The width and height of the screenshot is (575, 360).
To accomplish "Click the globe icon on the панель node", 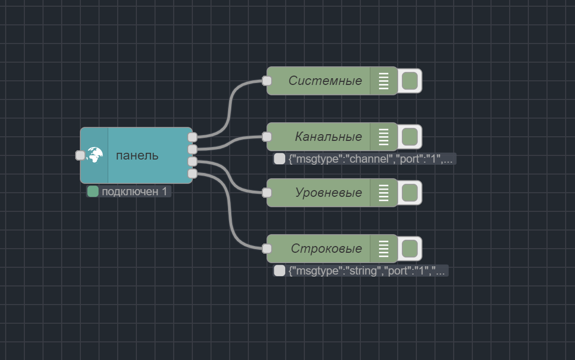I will point(95,155).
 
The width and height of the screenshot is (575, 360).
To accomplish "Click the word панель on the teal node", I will point(137,155).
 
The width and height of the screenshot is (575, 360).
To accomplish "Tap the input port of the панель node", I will point(80,155).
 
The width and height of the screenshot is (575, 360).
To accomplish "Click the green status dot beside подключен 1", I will point(93,192).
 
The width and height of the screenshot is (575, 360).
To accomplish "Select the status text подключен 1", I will point(135,192).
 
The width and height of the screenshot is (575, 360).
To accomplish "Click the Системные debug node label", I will point(325,81).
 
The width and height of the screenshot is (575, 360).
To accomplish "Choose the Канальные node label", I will point(328,137).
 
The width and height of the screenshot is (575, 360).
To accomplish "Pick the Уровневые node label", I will point(328,193).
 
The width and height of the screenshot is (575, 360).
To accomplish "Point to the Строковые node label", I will point(326,249).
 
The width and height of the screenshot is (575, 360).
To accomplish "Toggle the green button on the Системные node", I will point(410,81).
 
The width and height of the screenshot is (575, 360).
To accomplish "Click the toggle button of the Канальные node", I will point(410,137).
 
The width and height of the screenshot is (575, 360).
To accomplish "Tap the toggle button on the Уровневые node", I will point(410,193).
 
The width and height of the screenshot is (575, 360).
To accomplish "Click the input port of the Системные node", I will point(267,81).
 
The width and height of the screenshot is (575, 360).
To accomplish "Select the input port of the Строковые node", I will point(267,249).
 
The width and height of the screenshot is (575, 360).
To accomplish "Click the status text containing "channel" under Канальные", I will point(370,159).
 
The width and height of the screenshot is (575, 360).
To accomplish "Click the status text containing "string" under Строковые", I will point(367,271).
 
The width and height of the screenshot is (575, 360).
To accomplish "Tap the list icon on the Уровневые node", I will point(384,193).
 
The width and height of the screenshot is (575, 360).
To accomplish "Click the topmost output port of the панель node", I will point(192,137).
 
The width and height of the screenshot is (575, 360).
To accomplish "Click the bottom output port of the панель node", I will point(192,174).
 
